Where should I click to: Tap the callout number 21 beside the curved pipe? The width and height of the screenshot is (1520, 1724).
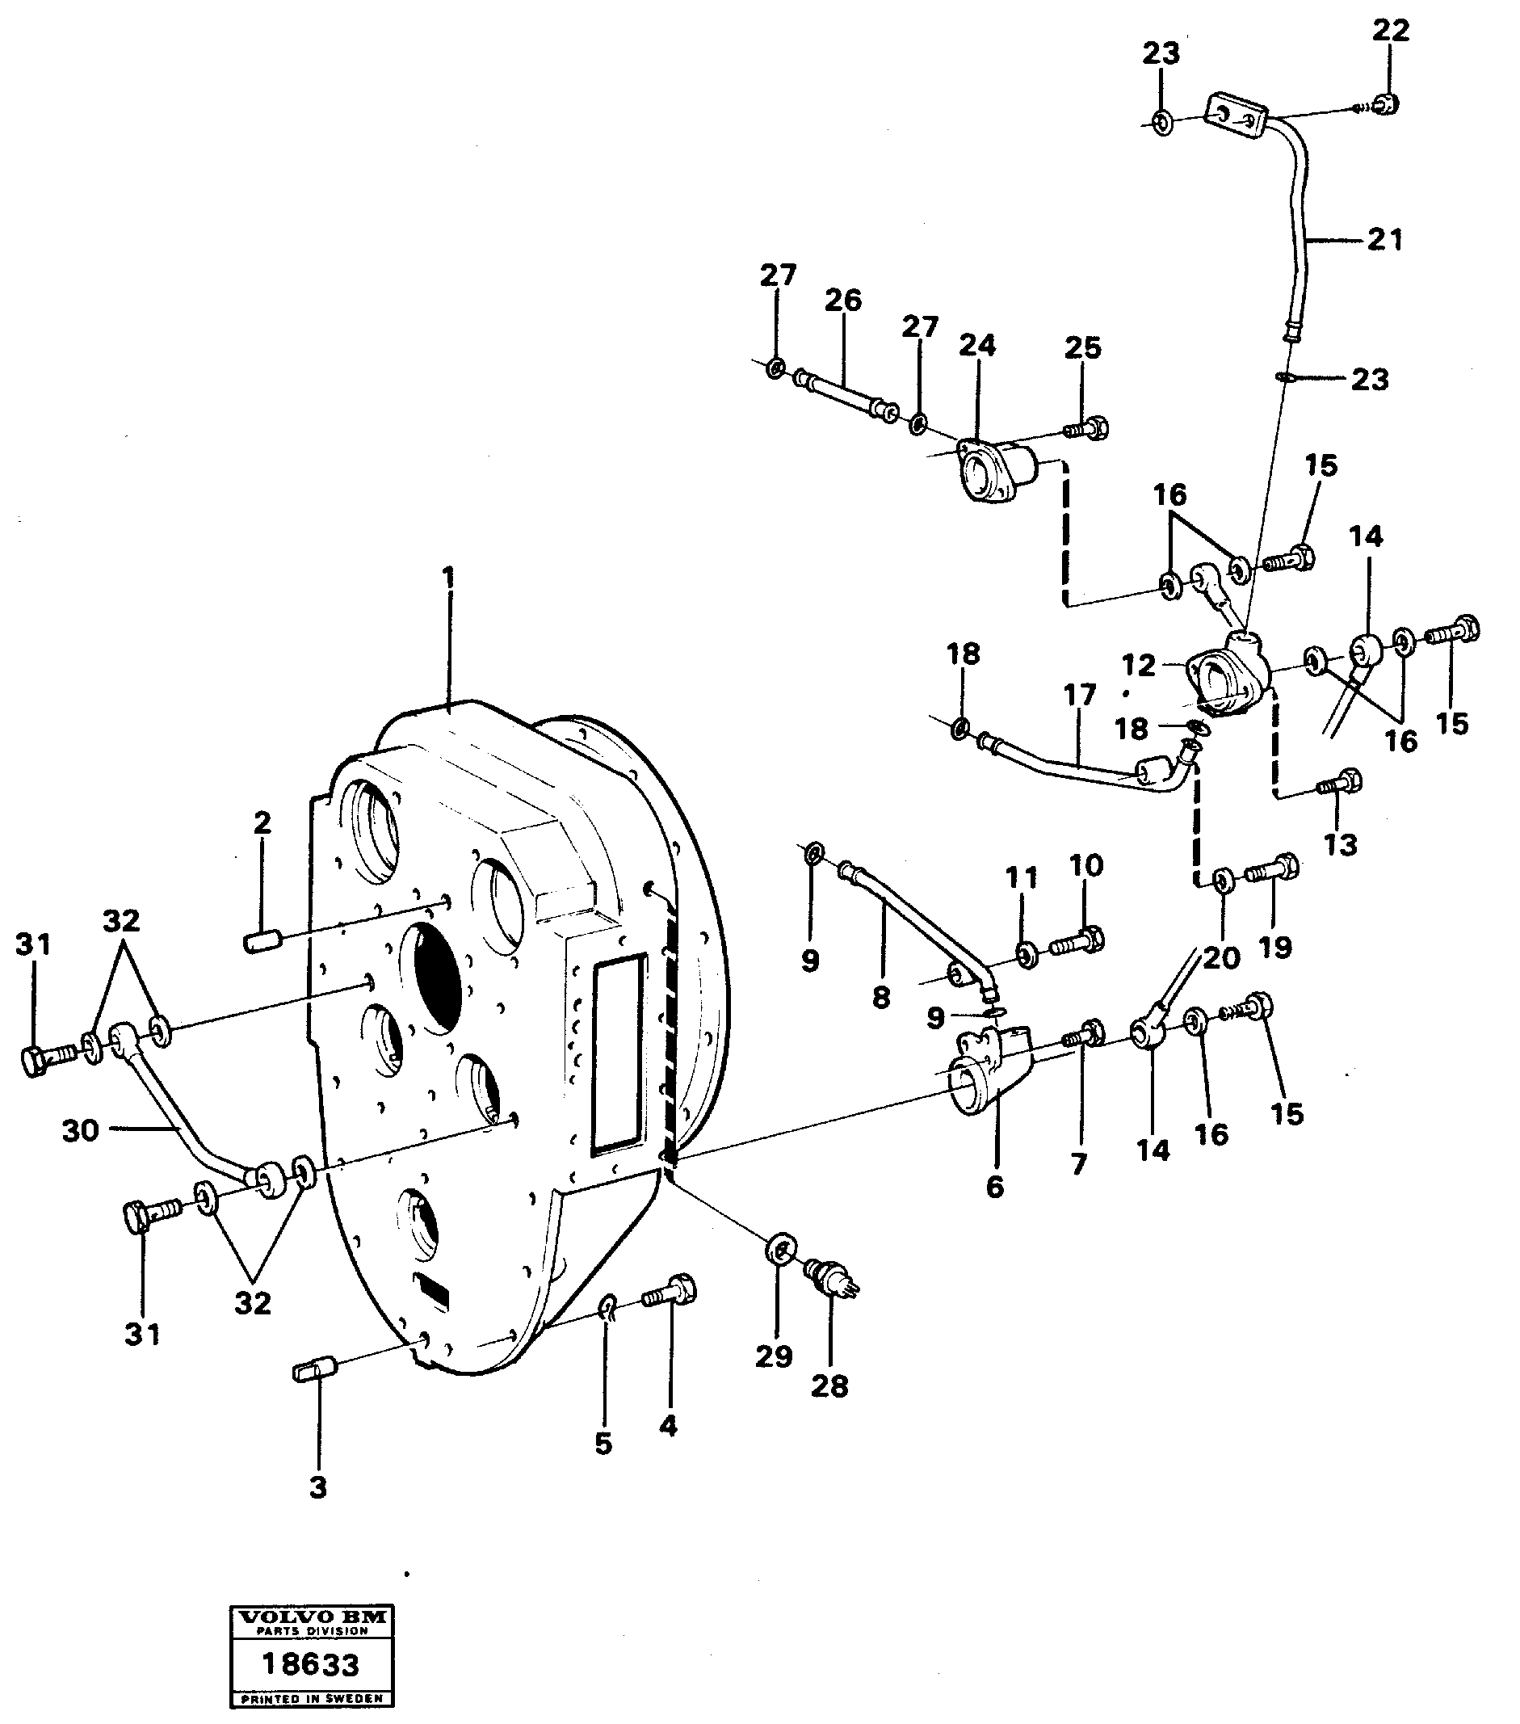tap(1385, 240)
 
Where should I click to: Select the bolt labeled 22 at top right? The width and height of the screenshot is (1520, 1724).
tap(1384, 104)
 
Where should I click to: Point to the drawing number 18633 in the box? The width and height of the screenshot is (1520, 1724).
tap(310, 1664)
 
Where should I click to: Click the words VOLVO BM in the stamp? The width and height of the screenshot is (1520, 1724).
tap(312, 1617)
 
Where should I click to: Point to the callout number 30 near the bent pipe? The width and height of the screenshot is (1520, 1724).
tap(80, 1130)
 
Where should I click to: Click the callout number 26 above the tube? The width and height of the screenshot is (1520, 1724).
tap(843, 301)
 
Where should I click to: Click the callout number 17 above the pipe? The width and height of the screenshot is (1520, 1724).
tap(1079, 695)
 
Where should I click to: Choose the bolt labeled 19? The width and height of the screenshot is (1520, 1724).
tap(1274, 867)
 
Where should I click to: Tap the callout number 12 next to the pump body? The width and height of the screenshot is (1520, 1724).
tap(1138, 666)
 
